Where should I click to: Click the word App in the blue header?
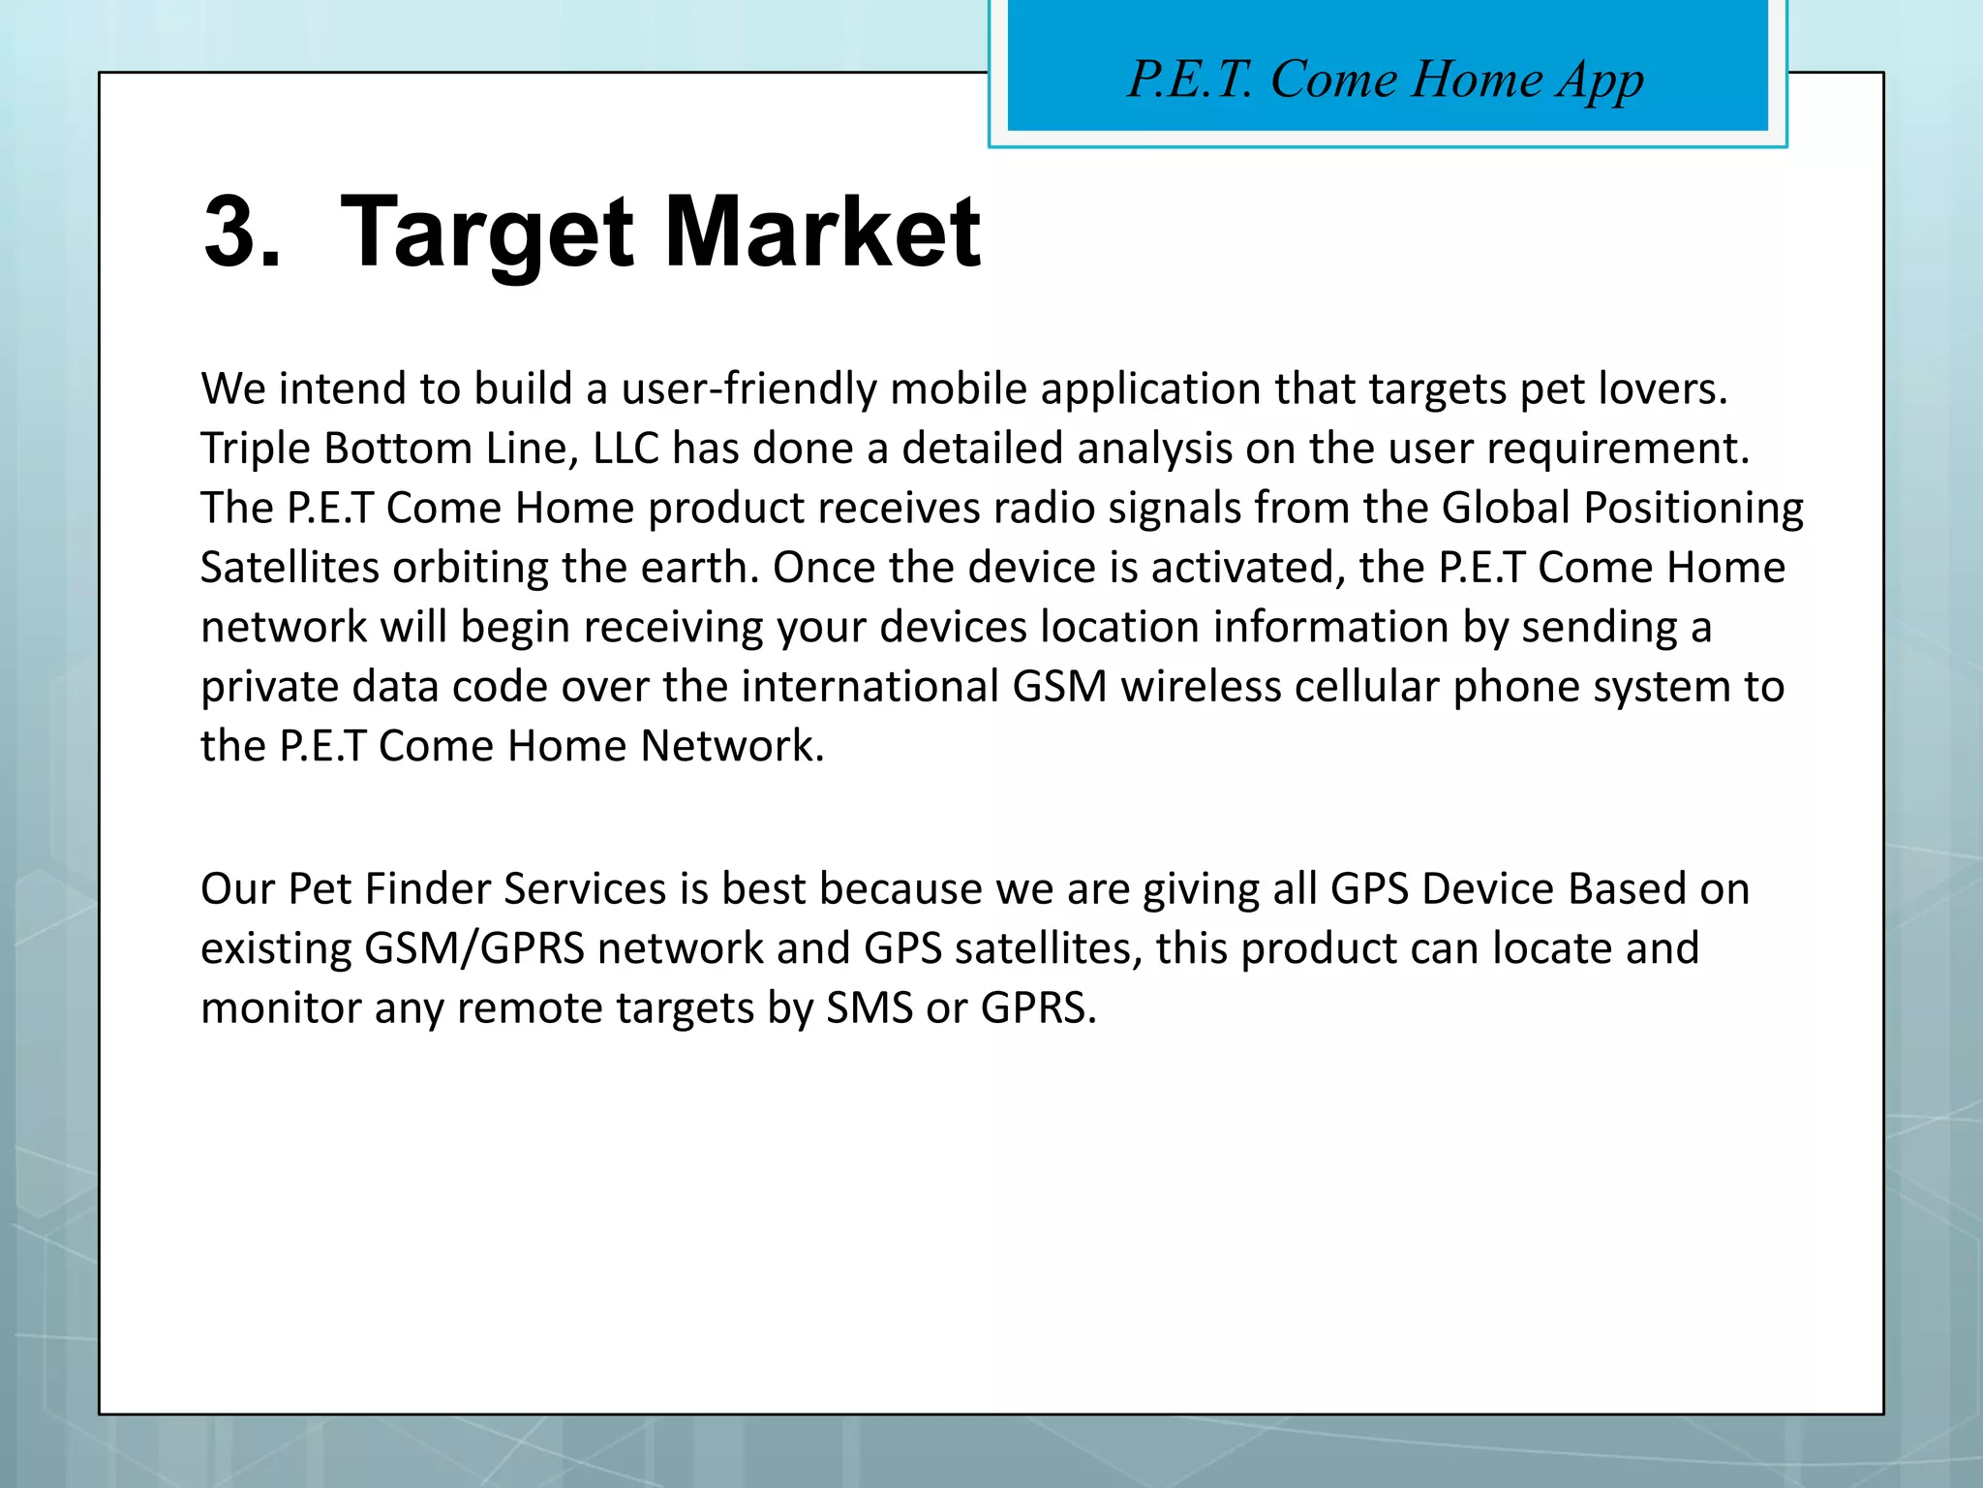tap(1600, 81)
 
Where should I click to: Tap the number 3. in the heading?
tap(242, 232)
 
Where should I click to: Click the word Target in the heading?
tap(487, 232)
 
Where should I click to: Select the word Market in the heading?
tap(822, 232)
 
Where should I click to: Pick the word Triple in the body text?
tap(255, 449)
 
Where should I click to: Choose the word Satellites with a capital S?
tap(290, 568)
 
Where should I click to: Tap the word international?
tap(869, 687)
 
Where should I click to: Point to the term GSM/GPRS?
tap(474, 948)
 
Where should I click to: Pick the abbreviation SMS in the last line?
tap(869, 1008)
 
